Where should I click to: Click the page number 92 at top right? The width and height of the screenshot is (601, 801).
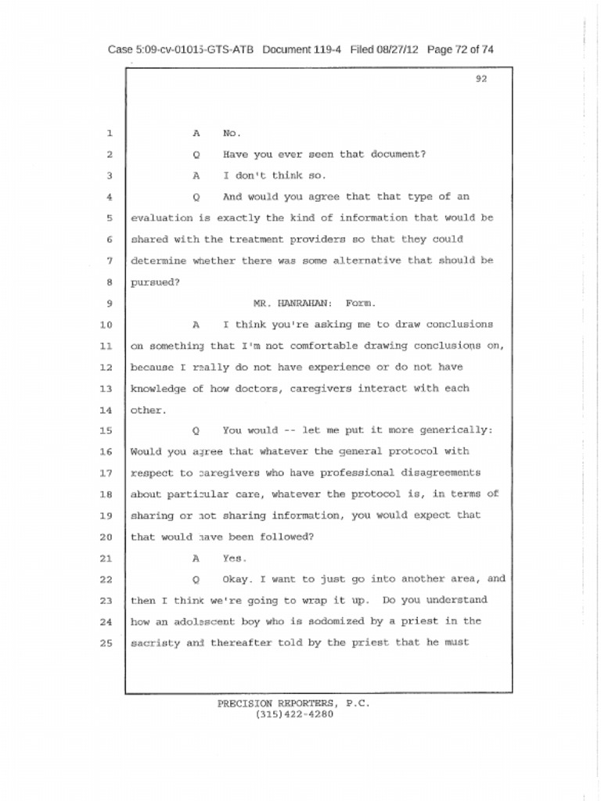(x=481, y=78)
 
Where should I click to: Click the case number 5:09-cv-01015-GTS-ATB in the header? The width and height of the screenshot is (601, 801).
(x=181, y=49)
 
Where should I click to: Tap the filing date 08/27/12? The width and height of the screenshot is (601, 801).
(x=398, y=49)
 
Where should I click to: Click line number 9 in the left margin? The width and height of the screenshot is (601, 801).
(x=110, y=304)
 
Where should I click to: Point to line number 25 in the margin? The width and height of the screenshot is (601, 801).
(x=107, y=643)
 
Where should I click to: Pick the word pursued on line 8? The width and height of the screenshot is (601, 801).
(x=154, y=282)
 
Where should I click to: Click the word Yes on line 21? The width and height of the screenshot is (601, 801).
(x=234, y=559)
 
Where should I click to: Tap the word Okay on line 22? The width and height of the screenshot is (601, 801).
(x=237, y=580)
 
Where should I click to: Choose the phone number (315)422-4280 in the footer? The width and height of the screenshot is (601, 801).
(x=293, y=714)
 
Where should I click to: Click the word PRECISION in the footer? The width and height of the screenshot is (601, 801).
(x=245, y=703)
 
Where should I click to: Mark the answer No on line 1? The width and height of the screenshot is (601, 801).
(x=232, y=133)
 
